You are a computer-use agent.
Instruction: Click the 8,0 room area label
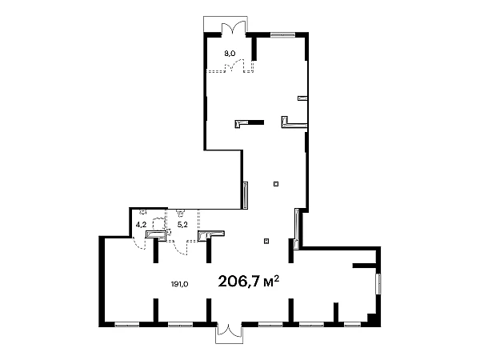(x=230, y=54)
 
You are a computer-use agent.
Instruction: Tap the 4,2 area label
(x=141, y=225)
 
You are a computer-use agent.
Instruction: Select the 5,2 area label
(x=182, y=225)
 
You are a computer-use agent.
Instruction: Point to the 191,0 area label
(x=179, y=284)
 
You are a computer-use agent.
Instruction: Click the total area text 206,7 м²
(x=249, y=282)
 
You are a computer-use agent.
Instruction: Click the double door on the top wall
(x=234, y=27)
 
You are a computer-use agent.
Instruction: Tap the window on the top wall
(x=282, y=34)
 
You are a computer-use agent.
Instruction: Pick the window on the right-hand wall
(x=379, y=284)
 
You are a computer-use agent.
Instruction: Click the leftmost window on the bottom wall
(x=127, y=325)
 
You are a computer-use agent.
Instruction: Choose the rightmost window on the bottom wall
(x=352, y=325)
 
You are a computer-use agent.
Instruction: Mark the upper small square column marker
(x=276, y=184)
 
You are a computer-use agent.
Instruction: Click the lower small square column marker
(x=266, y=242)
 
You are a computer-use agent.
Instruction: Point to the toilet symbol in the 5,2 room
(x=180, y=213)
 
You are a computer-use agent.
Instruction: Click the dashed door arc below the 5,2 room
(x=180, y=248)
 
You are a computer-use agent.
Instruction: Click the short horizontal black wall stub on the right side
(x=364, y=266)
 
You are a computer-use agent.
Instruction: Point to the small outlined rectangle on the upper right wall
(x=302, y=98)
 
